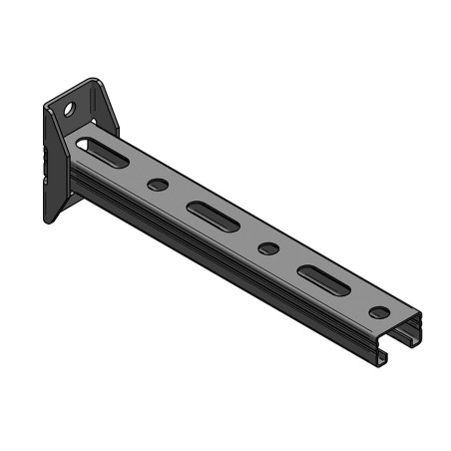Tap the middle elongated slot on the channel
point(213,216)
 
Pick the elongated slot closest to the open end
point(321,278)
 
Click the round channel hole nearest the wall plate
point(158,185)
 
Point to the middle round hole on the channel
point(266,247)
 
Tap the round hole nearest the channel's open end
point(380,311)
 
